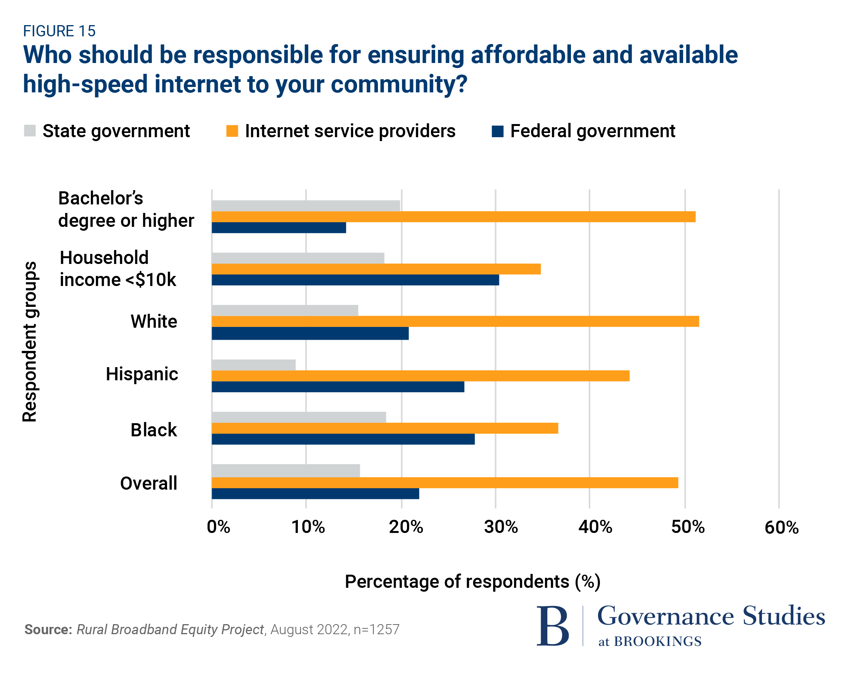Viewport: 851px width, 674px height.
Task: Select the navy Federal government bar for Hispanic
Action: [338, 387]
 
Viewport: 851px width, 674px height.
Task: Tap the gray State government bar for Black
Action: [299, 417]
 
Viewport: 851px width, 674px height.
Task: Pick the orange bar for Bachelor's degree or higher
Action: [453, 217]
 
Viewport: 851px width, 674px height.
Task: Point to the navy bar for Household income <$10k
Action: [355, 280]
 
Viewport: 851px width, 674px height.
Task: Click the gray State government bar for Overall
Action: [286, 470]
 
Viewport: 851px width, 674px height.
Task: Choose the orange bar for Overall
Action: [445, 483]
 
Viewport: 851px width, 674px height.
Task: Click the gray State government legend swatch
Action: [30, 131]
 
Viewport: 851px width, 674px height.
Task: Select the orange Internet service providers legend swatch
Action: [232, 131]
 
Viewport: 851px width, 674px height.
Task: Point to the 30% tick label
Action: [501, 527]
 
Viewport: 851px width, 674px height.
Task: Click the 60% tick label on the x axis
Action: [781, 528]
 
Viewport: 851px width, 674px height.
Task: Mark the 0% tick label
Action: [218, 527]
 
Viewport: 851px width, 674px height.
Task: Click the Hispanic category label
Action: [142, 374]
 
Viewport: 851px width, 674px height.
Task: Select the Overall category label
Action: [149, 483]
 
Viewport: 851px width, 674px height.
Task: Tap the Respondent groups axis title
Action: [30, 342]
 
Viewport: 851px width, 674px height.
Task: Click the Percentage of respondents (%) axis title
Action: [472, 582]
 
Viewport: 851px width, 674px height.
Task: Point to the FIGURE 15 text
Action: [59, 31]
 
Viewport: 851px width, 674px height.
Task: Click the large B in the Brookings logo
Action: [553, 626]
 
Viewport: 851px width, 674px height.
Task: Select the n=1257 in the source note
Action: [376, 630]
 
